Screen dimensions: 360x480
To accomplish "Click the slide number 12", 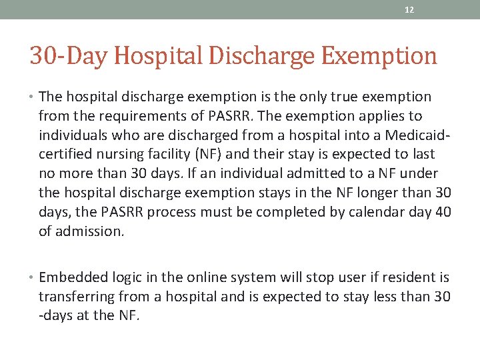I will [410, 10].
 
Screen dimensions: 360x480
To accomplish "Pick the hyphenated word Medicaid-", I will [415, 135].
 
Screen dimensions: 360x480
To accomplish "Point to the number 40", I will [442, 213].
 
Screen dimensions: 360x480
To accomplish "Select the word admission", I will [89, 232].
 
